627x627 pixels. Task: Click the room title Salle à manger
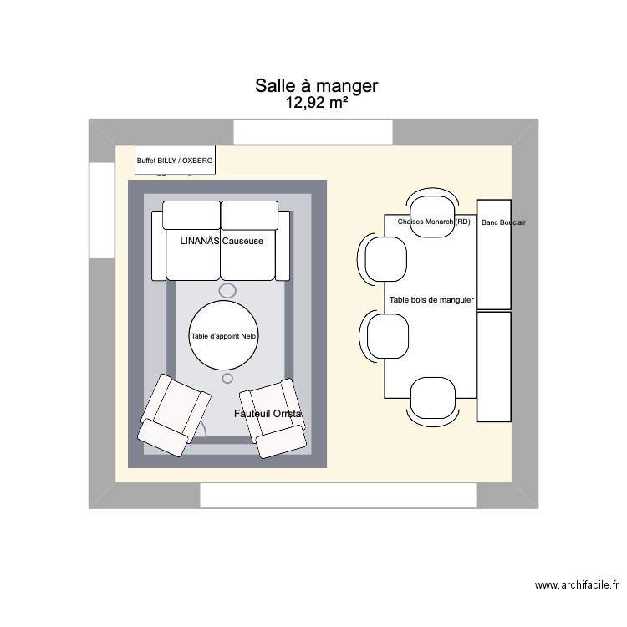coord(317,86)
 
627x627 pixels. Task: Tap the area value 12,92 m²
coord(317,104)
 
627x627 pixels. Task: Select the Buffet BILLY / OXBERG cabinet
coord(176,160)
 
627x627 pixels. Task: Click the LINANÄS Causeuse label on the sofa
coord(222,241)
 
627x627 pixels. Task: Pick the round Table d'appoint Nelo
coord(224,336)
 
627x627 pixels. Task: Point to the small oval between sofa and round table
coord(227,290)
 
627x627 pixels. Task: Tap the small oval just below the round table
coord(227,379)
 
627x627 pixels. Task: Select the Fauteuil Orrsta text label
coord(268,414)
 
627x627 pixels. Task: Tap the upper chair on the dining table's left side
coord(385,259)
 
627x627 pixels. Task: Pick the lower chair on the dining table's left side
coord(386,335)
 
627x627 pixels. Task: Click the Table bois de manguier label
coord(431,299)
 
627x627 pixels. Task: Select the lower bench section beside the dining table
coord(493,366)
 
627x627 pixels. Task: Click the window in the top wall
coord(313,132)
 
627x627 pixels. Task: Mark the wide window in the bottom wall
coord(338,496)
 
